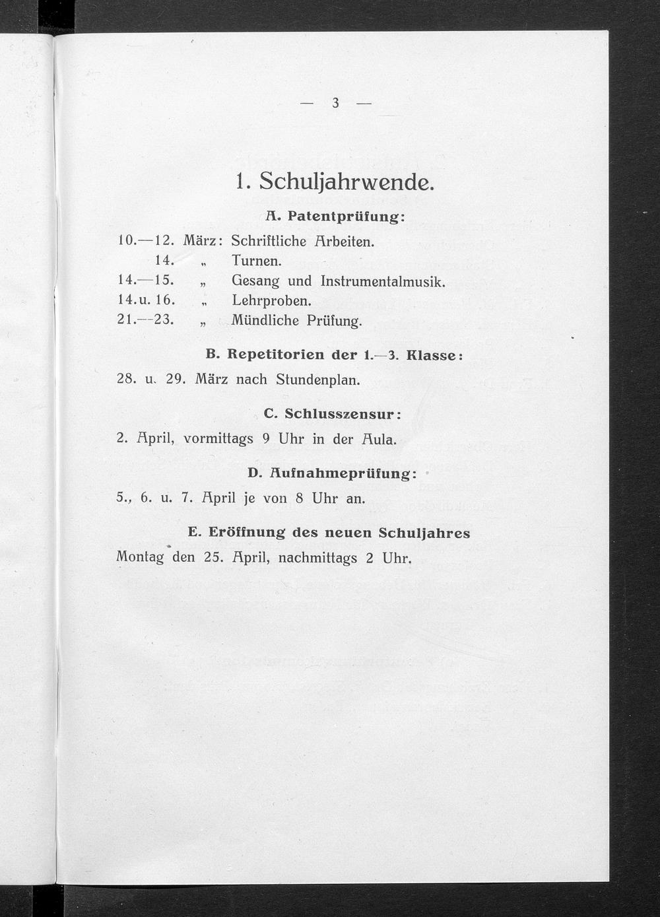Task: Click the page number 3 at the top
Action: (335, 103)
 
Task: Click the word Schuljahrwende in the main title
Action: (346, 182)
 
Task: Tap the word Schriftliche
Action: (269, 241)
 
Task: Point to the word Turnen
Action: (256, 261)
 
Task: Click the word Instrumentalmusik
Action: (383, 281)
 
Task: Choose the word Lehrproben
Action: (271, 300)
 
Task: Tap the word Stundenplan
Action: (317, 380)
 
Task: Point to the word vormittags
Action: (218, 439)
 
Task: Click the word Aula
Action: (379, 439)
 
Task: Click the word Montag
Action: (140, 557)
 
